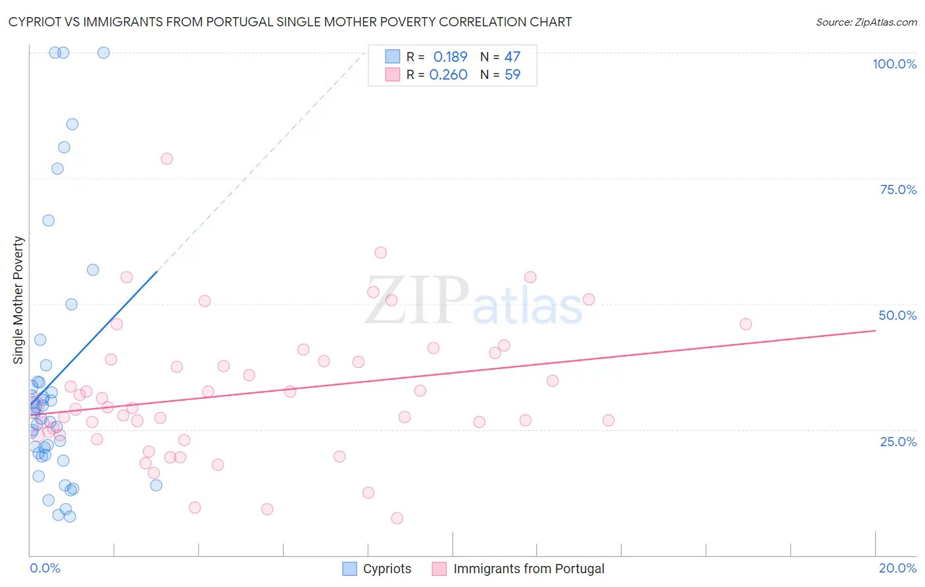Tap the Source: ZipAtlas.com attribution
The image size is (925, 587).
pos(866,22)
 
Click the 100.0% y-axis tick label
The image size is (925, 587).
pos(894,64)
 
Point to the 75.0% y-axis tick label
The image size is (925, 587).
pos(898,190)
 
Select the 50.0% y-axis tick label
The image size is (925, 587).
pos(897,315)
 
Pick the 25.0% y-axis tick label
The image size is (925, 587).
pos(898,441)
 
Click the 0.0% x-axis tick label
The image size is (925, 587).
pos(45,568)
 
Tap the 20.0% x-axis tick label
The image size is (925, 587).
pos(897,568)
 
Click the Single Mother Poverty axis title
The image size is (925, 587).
pos(18,300)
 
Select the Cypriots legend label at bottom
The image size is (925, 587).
pos(387,569)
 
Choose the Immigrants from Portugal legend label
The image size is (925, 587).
pos(528,569)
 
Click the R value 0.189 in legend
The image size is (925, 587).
pos(450,57)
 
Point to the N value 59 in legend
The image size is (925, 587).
pos(512,74)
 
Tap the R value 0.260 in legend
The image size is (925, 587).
pos(448,74)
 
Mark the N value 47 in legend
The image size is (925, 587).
pos(512,57)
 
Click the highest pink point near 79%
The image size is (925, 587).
pos(166,159)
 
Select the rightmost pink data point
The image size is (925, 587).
pos(745,324)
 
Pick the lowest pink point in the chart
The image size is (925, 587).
pos(397,519)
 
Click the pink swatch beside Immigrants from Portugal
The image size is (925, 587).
pos(439,569)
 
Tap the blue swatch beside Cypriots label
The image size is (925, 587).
pos(350,569)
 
